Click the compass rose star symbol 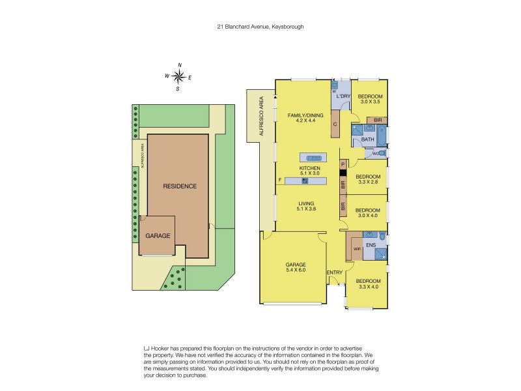point(178,77)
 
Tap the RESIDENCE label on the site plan point(179,186)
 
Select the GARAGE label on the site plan point(158,235)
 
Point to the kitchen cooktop point(304,181)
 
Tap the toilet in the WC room point(382,153)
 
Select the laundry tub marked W point(335,85)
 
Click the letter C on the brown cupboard point(335,124)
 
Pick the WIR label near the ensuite point(357,249)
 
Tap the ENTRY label point(334,272)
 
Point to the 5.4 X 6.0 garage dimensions point(295,270)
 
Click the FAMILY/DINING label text point(305,115)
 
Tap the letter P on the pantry point(343,166)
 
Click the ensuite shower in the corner point(378,253)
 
